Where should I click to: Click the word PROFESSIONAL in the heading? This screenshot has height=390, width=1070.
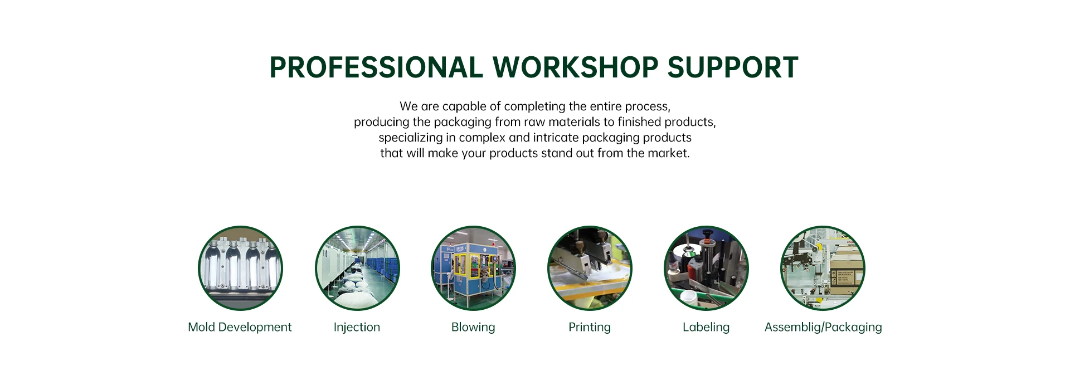coord(376,67)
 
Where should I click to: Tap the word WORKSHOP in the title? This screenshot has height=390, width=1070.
coord(575,67)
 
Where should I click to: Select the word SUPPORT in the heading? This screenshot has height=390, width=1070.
coord(733,67)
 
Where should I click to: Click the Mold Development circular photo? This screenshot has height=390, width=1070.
coord(240,268)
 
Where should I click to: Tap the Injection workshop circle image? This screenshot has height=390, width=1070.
coord(357,268)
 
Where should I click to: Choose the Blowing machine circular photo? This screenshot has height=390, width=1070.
coord(473,268)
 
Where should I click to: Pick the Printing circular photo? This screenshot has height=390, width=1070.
coord(590,268)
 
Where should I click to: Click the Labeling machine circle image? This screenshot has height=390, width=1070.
coord(706,268)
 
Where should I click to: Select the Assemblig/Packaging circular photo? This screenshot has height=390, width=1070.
coord(823,268)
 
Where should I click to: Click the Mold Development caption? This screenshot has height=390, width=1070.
coord(240,327)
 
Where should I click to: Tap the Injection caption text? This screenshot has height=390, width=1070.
coord(357,327)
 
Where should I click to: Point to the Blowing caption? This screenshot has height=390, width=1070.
coord(473,327)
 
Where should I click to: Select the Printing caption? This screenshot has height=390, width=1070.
coord(590,327)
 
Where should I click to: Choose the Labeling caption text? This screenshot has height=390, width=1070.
coord(706,327)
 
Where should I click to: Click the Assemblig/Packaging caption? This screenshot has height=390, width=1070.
coord(823,327)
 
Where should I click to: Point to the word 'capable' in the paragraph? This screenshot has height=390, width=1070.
coord(464,106)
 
